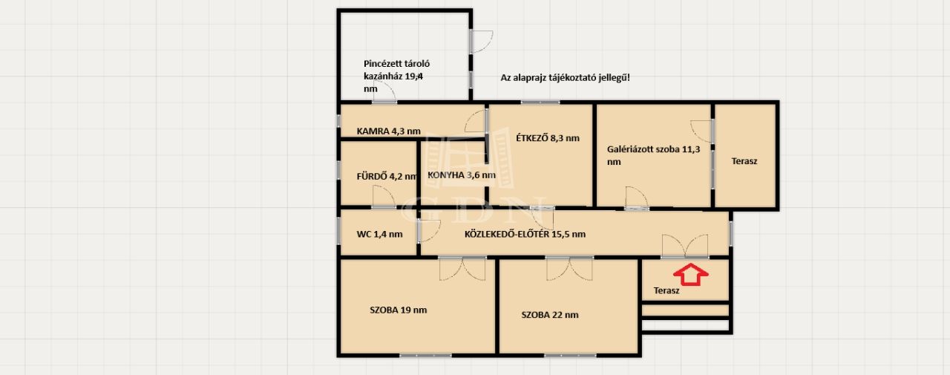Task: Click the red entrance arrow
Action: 690,275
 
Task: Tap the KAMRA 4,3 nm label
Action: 388,131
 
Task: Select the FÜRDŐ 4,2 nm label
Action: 387,176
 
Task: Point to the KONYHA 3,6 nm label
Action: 462,175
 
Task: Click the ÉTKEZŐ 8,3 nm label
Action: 548,138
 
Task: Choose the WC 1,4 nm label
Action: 379,234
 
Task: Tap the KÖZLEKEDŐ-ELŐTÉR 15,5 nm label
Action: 525,234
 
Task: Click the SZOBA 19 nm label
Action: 399,310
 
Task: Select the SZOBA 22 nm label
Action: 550,315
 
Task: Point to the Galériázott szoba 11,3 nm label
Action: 653,155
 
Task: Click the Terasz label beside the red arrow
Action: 666,290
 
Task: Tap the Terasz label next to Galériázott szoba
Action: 744,161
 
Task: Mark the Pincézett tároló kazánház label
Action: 396,76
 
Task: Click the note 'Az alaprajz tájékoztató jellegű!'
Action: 566,78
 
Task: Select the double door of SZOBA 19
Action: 462,269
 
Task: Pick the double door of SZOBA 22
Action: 569,269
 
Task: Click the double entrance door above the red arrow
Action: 685,246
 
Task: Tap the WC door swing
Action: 429,231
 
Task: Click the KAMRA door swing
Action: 475,121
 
